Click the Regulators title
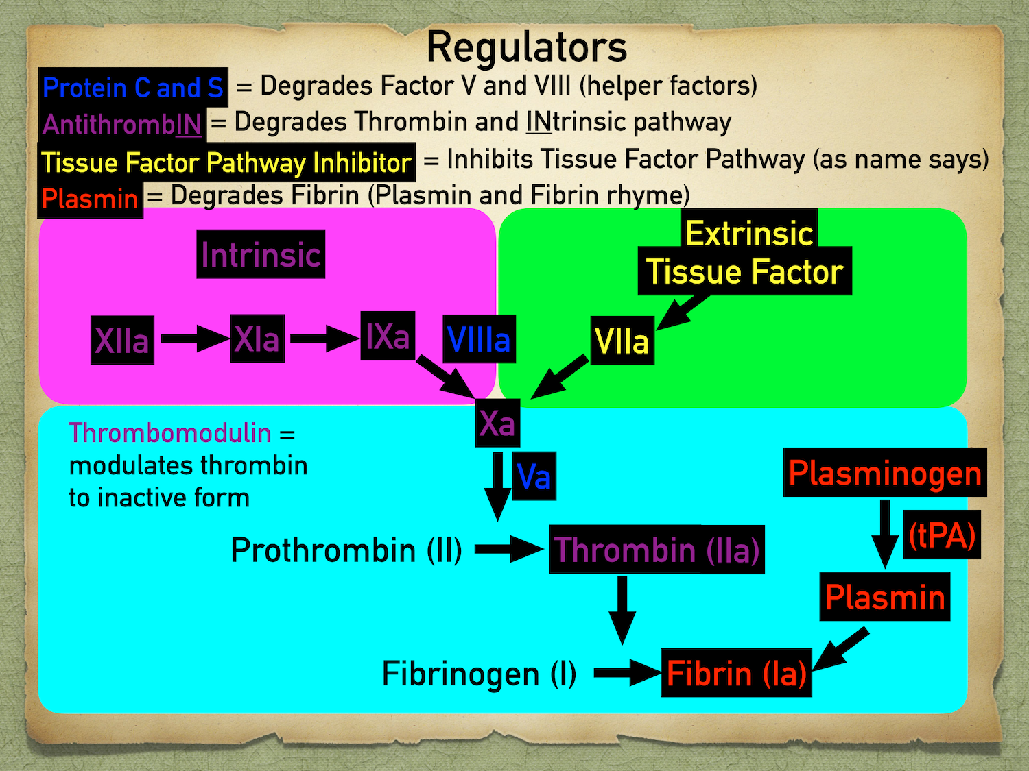coord(526,47)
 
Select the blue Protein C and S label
coord(132,88)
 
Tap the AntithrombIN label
coord(122,125)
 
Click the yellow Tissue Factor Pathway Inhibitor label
coord(226,162)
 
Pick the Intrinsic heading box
coord(261,254)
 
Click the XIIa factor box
coord(122,340)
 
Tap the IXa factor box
coord(388,336)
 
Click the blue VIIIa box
coord(478,339)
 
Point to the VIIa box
coord(622,341)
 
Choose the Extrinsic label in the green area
coord(749,233)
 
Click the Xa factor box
coord(497,423)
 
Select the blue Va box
coord(534,476)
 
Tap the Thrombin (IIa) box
coord(657,550)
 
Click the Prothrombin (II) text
coord(346,550)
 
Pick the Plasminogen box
coord(884,473)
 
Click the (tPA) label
coord(941,535)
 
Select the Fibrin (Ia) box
coord(736,673)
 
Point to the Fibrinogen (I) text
coord(478,673)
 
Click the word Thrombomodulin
coord(169,433)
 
